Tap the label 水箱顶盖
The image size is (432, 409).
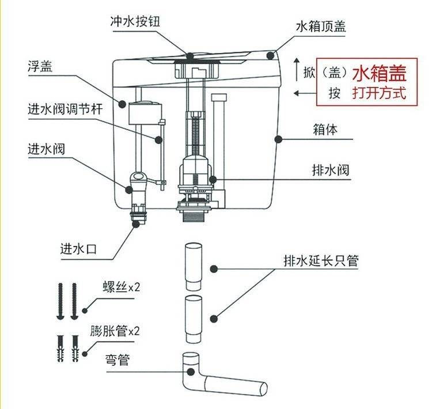click(x=321, y=26)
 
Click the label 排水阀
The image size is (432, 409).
click(x=330, y=171)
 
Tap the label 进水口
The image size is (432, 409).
click(x=78, y=249)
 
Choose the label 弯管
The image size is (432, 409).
click(x=118, y=361)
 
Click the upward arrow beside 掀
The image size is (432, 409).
click(x=297, y=65)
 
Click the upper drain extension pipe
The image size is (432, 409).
click(x=192, y=267)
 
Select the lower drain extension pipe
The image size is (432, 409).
click(x=192, y=318)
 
